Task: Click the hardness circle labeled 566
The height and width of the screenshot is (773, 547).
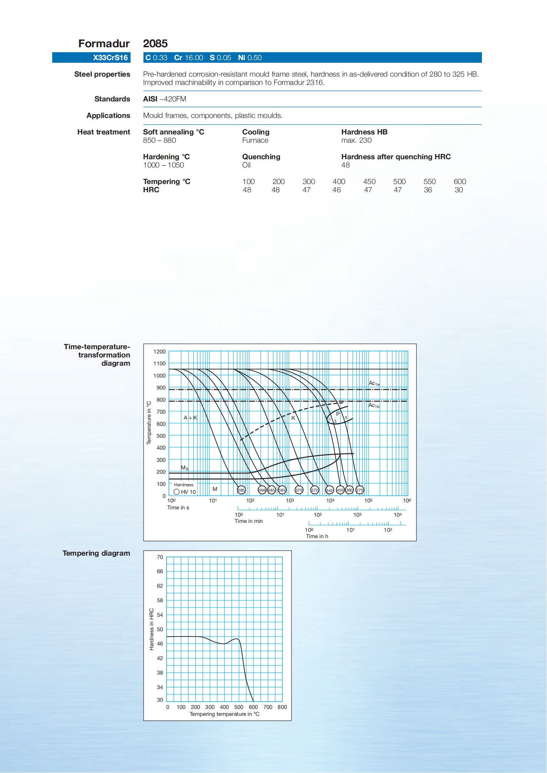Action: [262, 490]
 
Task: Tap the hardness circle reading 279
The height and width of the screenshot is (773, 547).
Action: [360, 490]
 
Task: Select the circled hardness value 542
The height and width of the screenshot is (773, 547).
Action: [330, 490]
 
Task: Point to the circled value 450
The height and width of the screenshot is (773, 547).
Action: [340, 490]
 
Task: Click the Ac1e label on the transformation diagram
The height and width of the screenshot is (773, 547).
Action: [374, 384]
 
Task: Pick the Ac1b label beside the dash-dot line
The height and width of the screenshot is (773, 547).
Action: [374, 406]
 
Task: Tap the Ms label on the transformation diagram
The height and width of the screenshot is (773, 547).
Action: [184, 468]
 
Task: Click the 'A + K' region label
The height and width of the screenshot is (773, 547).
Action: [190, 418]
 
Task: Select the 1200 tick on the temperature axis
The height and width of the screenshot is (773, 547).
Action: [159, 352]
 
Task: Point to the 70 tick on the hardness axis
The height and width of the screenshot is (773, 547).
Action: [160, 557]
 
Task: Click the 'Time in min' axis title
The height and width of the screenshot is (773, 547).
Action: [249, 521]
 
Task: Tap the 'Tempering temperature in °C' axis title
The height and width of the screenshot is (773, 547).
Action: [224, 714]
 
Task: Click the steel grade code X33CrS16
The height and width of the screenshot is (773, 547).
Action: [110, 57]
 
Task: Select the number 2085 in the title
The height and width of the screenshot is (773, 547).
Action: [155, 43]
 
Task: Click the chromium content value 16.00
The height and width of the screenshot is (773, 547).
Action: [194, 57]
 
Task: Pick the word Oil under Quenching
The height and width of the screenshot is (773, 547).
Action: [246, 165]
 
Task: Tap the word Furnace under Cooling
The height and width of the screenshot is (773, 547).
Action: [255, 140]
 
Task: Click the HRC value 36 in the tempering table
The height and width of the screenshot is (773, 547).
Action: [428, 190]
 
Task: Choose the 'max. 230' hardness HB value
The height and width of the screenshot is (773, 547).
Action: [356, 140]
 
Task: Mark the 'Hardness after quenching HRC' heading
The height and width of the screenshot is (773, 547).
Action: [396, 157]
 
